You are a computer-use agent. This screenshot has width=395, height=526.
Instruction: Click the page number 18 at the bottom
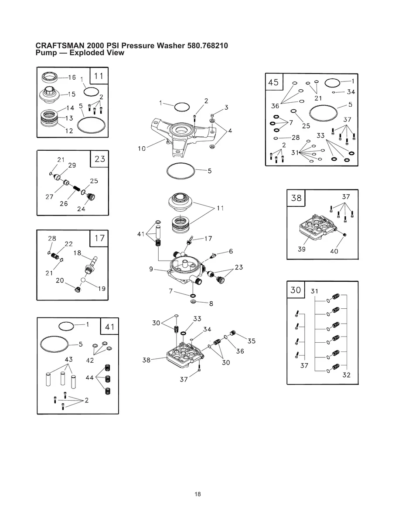[198, 494]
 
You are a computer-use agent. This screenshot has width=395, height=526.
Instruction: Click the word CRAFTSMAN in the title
[60, 46]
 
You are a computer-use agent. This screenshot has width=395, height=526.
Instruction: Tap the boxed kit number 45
[274, 82]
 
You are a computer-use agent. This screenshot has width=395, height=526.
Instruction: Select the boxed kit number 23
[100, 159]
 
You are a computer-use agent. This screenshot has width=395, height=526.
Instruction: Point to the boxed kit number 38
[296, 198]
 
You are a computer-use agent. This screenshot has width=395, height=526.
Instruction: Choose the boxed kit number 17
[99, 238]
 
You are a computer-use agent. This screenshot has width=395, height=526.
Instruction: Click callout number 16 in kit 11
[72, 77]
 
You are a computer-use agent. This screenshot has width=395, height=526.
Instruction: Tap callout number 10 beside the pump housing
[142, 148]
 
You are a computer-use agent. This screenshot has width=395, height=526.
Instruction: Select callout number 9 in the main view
[151, 269]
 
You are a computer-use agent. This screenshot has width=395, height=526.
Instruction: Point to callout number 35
[252, 341]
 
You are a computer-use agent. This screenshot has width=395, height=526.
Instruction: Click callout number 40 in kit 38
[334, 251]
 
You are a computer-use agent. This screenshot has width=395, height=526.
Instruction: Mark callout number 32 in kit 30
[346, 375]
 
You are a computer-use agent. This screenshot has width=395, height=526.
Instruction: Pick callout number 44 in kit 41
[89, 377]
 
